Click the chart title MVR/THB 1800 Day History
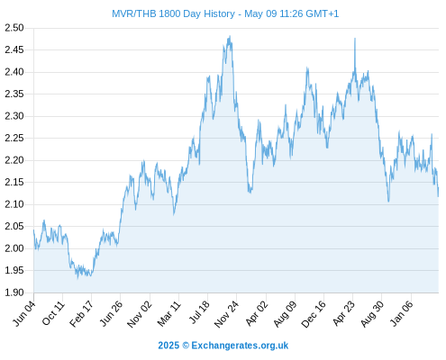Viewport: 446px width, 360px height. (173, 13)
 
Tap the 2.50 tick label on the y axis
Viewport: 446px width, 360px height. (14, 28)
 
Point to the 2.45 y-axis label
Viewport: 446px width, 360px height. (14, 49)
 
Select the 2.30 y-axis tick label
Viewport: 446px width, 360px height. (14, 116)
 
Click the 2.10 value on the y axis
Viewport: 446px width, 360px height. (14, 204)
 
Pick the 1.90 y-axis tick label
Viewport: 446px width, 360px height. (14, 292)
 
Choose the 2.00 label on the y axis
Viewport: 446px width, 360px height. (14, 248)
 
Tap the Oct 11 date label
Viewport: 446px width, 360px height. (53, 313)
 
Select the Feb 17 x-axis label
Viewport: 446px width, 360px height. (81, 314)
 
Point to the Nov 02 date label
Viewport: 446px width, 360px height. (140, 314)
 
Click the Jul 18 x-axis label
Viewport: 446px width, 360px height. (199, 312)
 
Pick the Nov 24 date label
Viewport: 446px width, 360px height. (226, 314)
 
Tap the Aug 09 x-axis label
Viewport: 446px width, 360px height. (285, 314)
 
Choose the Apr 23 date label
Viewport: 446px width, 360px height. (343, 314)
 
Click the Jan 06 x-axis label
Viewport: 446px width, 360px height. (402, 314)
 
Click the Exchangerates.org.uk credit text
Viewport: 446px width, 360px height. (240, 346)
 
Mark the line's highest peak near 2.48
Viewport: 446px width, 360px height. (230, 36)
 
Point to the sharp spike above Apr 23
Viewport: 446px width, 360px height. (355, 39)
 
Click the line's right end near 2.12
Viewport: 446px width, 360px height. (438, 195)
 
